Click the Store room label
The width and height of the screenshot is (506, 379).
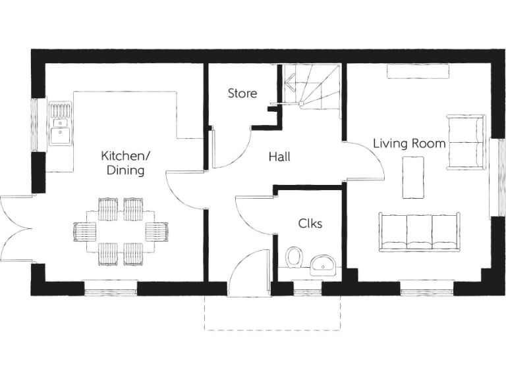pos(242,93)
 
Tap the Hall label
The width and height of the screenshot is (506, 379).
pos(279,158)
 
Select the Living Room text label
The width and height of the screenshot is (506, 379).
pos(408,143)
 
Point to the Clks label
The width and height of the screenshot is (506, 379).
pos(310,224)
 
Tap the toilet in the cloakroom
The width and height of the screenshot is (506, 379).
pos(295,258)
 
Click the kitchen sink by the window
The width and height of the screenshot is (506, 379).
pos(60,124)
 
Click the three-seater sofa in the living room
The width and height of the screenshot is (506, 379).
pos(419,232)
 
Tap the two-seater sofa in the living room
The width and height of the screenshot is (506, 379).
pos(465,141)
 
